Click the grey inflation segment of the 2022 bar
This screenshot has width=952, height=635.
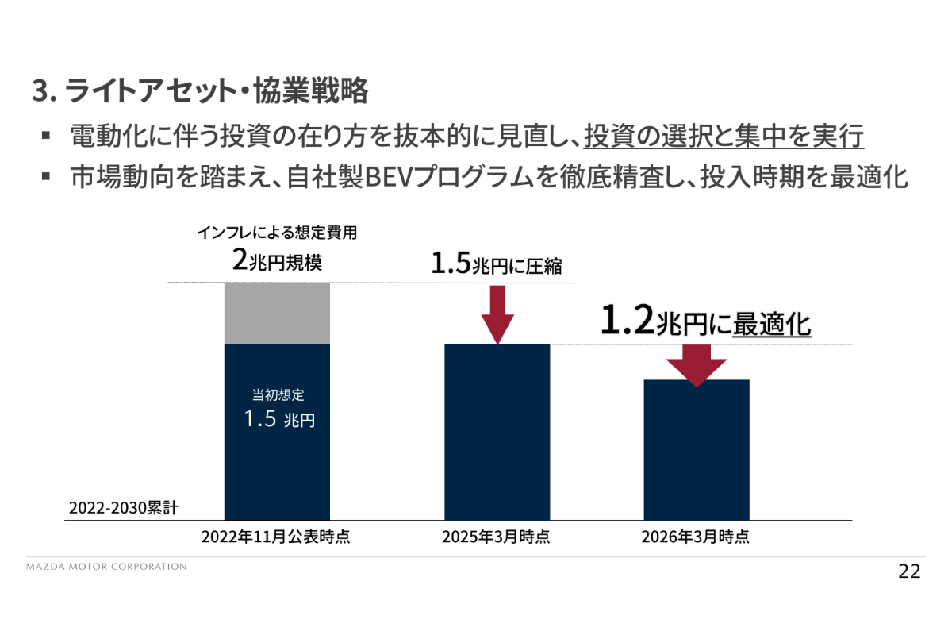click(277, 314)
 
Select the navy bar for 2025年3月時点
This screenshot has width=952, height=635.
click(497, 432)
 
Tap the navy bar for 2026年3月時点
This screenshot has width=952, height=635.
click(697, 450)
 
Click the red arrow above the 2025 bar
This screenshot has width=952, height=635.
click(497, 315)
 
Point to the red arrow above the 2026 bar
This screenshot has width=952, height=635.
click(697, 366)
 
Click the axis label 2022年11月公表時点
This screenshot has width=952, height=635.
click(276, 537)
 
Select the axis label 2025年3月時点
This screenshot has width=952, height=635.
click(496, 537)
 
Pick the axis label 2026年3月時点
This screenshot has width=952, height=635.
click(696, 537)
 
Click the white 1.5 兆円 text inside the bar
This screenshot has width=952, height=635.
click(279, 419)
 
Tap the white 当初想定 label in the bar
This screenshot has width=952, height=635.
click(278, 395)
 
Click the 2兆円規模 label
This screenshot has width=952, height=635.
click(277, 260)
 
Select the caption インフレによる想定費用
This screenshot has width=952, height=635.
click(277, 233)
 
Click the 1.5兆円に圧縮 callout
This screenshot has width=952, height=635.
click(497, 264)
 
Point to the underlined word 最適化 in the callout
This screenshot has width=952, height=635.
click(772, 325)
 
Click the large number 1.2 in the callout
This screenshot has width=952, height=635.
click(628, 320)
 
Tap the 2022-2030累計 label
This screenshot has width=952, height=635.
click(123, 508)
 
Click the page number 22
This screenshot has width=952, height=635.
click(909, 571)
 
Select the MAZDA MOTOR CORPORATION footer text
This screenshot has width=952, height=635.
click(106, 567)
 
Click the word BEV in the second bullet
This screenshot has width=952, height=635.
click(390, 177)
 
